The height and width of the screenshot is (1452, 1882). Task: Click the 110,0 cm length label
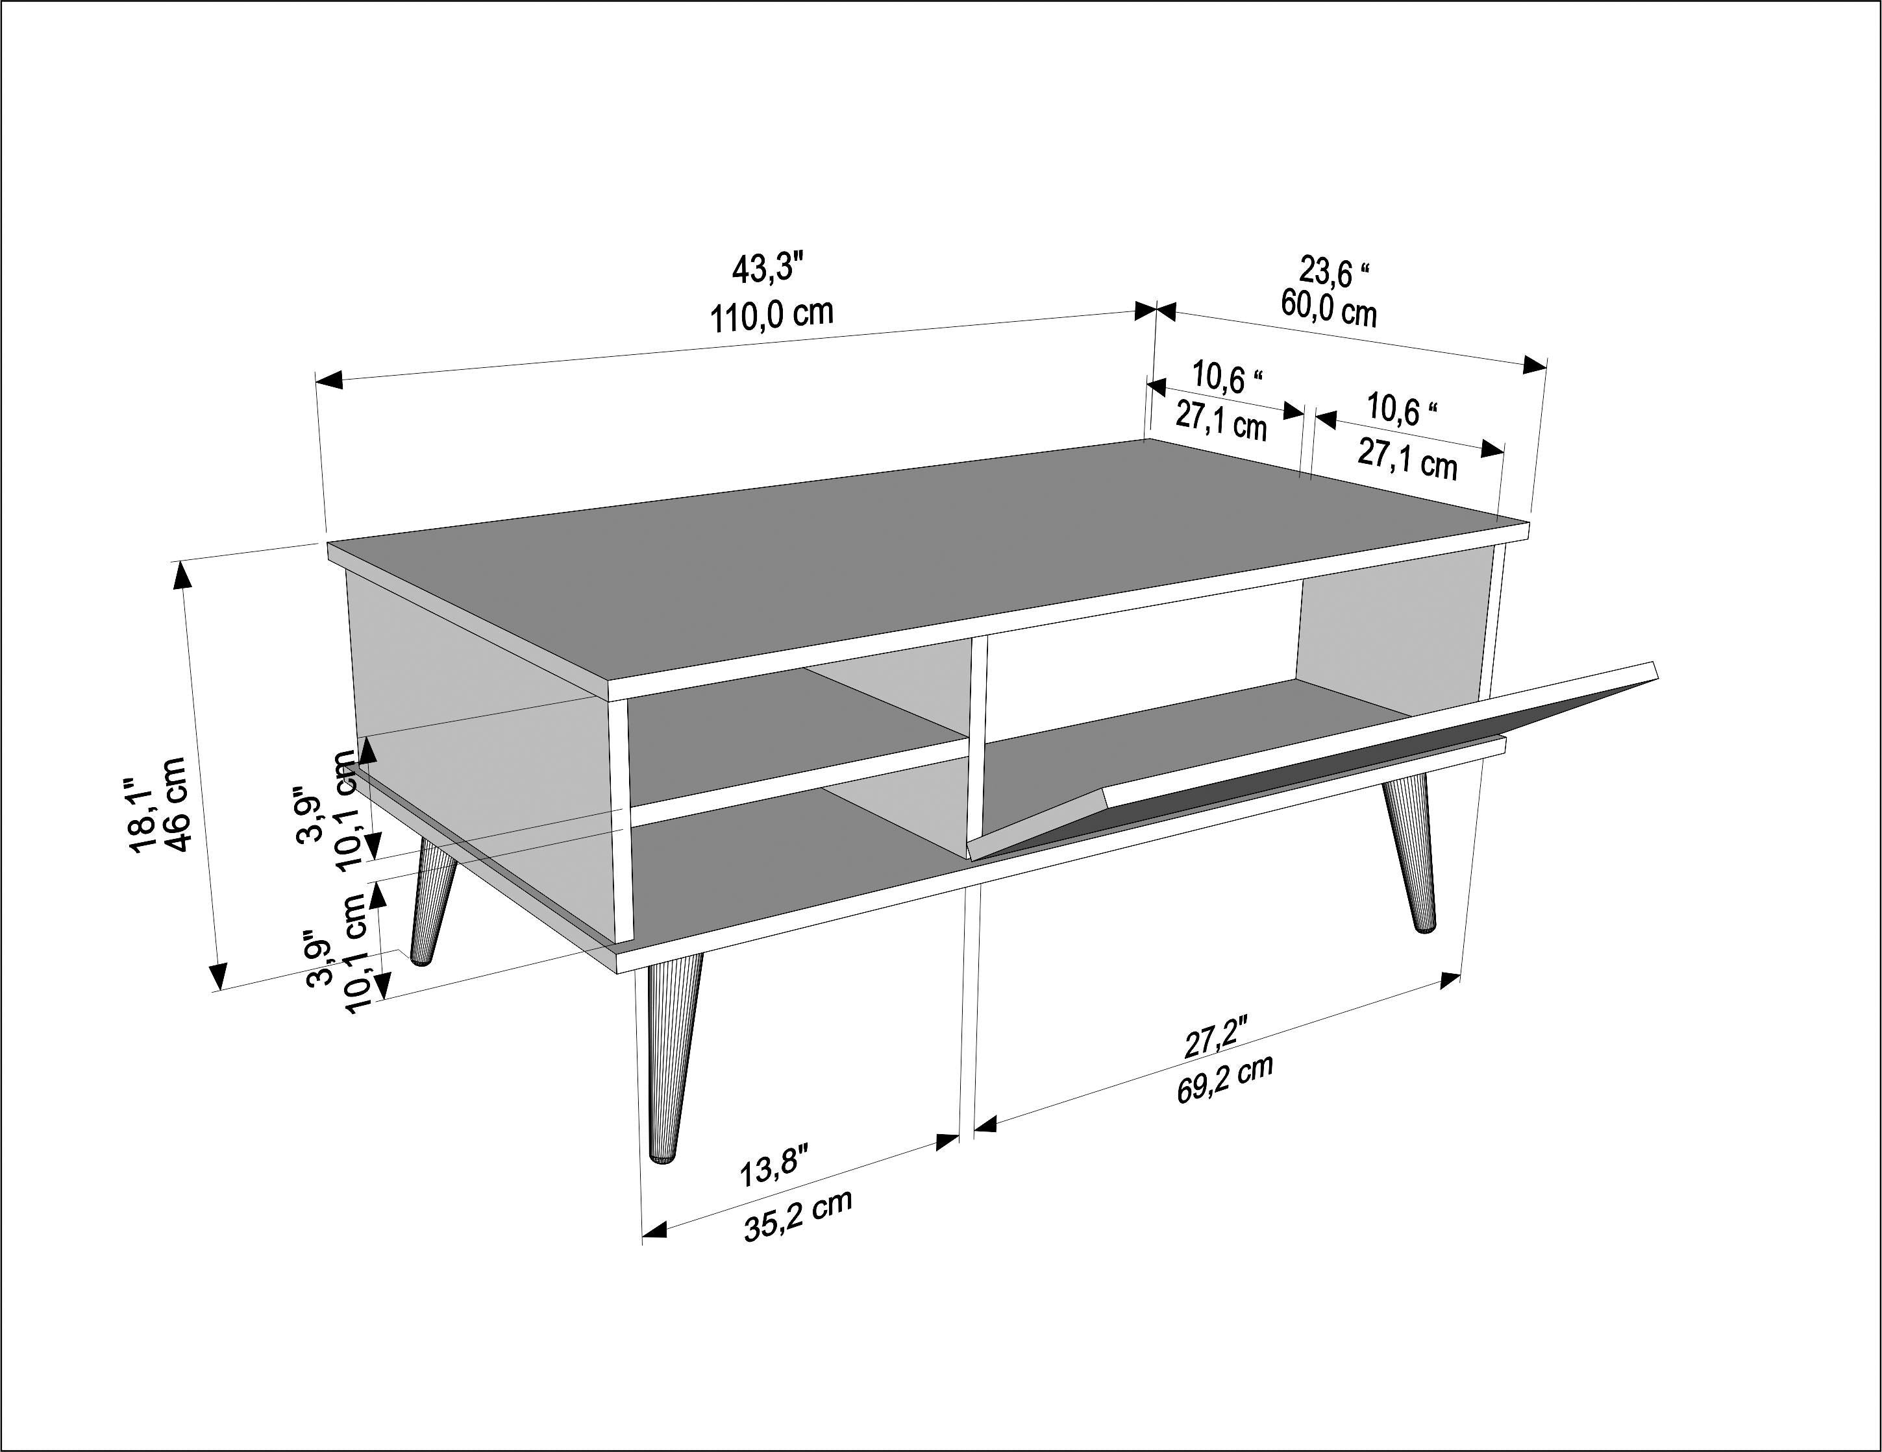[x=771, y=316]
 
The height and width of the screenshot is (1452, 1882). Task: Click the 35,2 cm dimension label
[x=798, y=1216]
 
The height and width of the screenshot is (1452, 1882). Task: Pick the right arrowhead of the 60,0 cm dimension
[x=1534, y=365]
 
